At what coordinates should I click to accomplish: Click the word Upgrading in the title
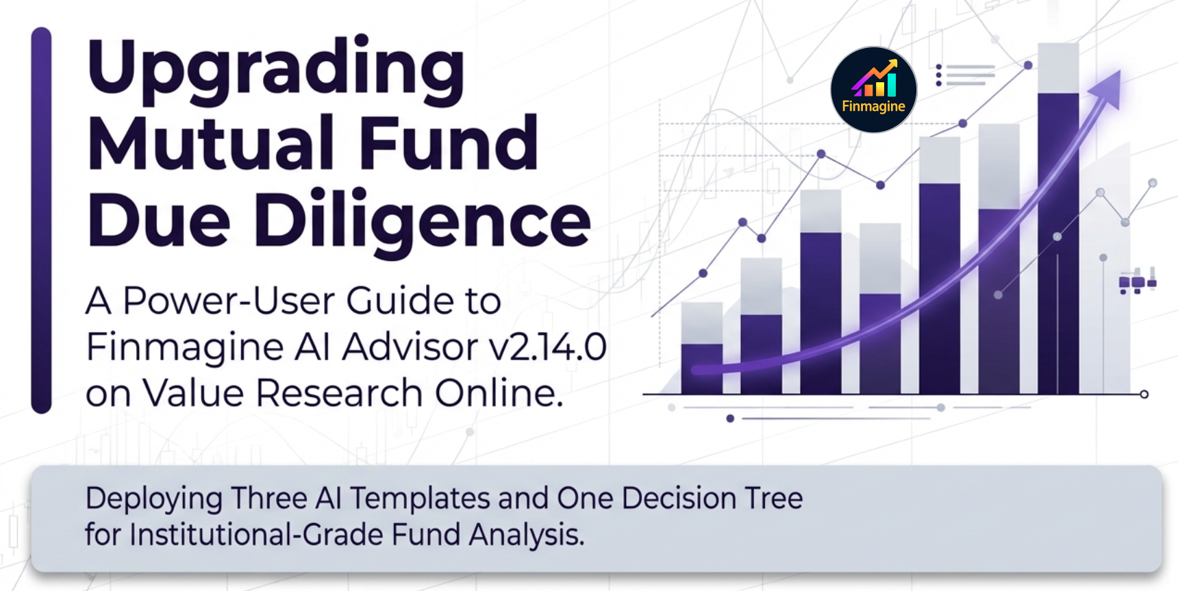pos(275,68)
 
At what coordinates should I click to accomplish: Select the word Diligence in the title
pos(422,221)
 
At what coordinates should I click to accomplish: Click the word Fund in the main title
pos(449,144)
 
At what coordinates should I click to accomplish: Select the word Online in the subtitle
pos(499,393)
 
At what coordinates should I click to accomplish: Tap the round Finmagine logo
pos(873,89)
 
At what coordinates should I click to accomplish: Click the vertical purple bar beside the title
pos(41,219)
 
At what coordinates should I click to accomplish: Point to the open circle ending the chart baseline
pos(1144,394)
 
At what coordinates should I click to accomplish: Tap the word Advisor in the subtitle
pos(410,347)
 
